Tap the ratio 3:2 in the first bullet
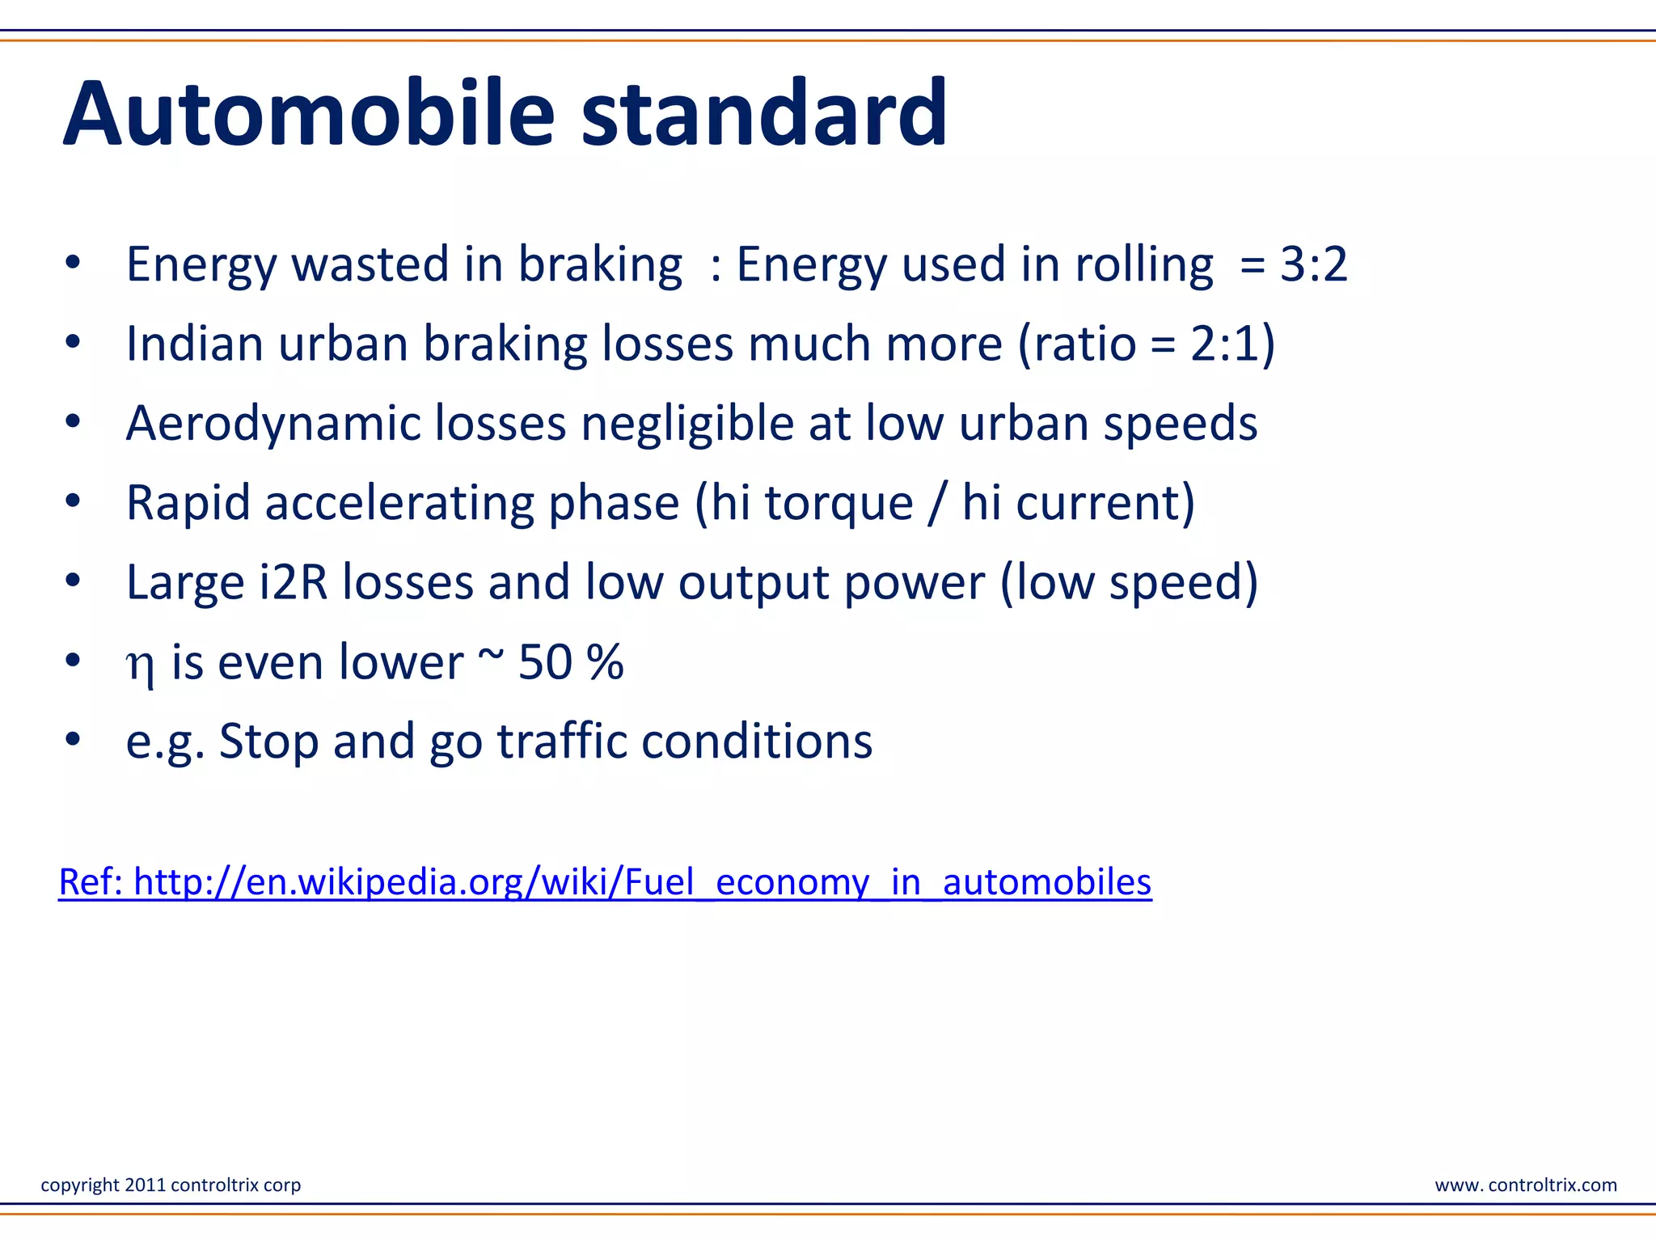coord(1314,264)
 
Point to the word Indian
coord(195,344)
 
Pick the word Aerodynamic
coord(273,424)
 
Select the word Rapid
coord(188,503)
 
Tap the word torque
coord(839,503)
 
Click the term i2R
coord(293,582)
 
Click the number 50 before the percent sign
coord(544,662)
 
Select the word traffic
coord(561,741)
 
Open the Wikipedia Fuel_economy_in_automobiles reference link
coord(605,881)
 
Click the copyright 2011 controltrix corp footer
coord(171,1185)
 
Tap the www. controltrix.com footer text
coord(1525,1185)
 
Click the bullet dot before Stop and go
coord(73,740)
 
